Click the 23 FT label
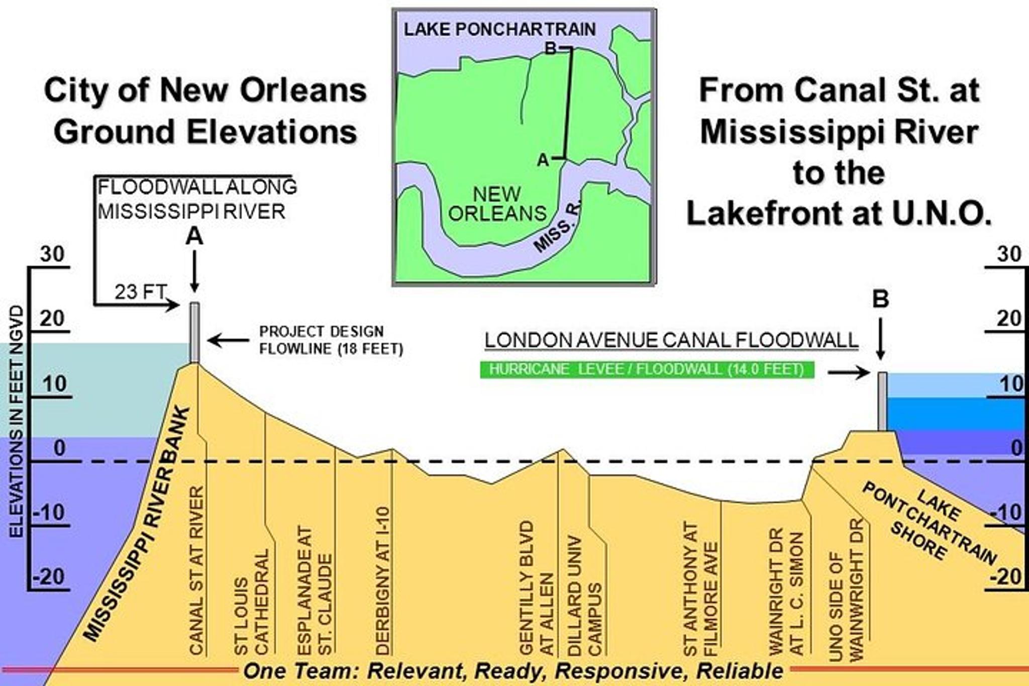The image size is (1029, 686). coord(140,292)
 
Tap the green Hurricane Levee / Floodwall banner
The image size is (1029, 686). coord(647,369)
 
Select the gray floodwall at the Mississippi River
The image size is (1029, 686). coord(194,332)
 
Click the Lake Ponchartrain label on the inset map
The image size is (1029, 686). coord(499,29)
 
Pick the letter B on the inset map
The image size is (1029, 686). coord(551,49)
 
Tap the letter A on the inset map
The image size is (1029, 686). coord(543,160)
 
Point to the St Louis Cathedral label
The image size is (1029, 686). coord(252,603)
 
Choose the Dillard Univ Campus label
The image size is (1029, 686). coord(584,596)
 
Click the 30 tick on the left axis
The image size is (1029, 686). coord(52,254)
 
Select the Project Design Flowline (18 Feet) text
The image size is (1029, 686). coord(331,340)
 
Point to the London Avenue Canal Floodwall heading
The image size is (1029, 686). coord(671,340)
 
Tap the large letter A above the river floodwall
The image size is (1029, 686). coord(194,236)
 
